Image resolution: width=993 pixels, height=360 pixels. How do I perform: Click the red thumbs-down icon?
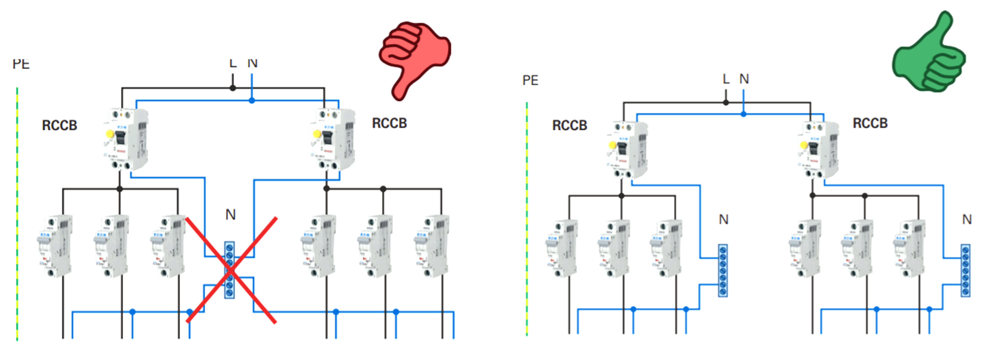414,58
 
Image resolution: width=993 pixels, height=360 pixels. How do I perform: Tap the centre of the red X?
231,270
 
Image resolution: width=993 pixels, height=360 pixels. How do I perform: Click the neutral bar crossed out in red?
229,270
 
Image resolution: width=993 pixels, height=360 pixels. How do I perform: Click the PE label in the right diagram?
530,80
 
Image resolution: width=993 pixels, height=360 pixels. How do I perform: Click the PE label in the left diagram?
21,64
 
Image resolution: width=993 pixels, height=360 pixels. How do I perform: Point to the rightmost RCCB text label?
870,123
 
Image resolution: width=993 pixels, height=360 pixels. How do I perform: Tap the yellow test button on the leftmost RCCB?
109,134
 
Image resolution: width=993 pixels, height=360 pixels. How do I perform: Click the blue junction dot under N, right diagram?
743,114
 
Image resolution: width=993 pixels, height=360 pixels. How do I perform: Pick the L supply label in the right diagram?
726,79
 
